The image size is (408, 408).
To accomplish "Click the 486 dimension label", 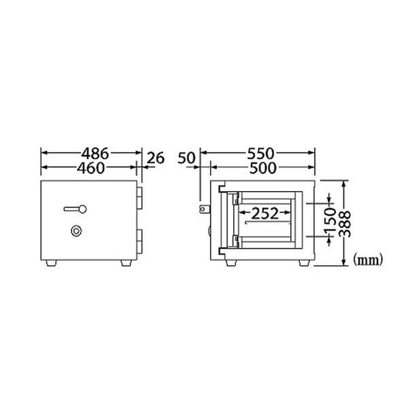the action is coord(95,154).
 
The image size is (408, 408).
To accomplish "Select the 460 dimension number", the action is coord(91,168).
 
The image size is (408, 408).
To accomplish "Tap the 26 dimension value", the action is coord(156,158).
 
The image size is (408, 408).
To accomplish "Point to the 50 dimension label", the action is coord(186,158).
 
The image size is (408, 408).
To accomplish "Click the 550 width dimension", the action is coord(260,154).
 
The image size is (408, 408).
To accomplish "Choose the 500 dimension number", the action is coord(262,168).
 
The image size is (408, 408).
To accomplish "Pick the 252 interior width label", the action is coord(265,214).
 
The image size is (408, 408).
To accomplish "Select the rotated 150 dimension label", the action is coord(330,220).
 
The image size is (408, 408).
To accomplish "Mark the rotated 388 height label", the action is coord(345,224).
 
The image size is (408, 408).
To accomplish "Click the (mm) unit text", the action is coord(368,260).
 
